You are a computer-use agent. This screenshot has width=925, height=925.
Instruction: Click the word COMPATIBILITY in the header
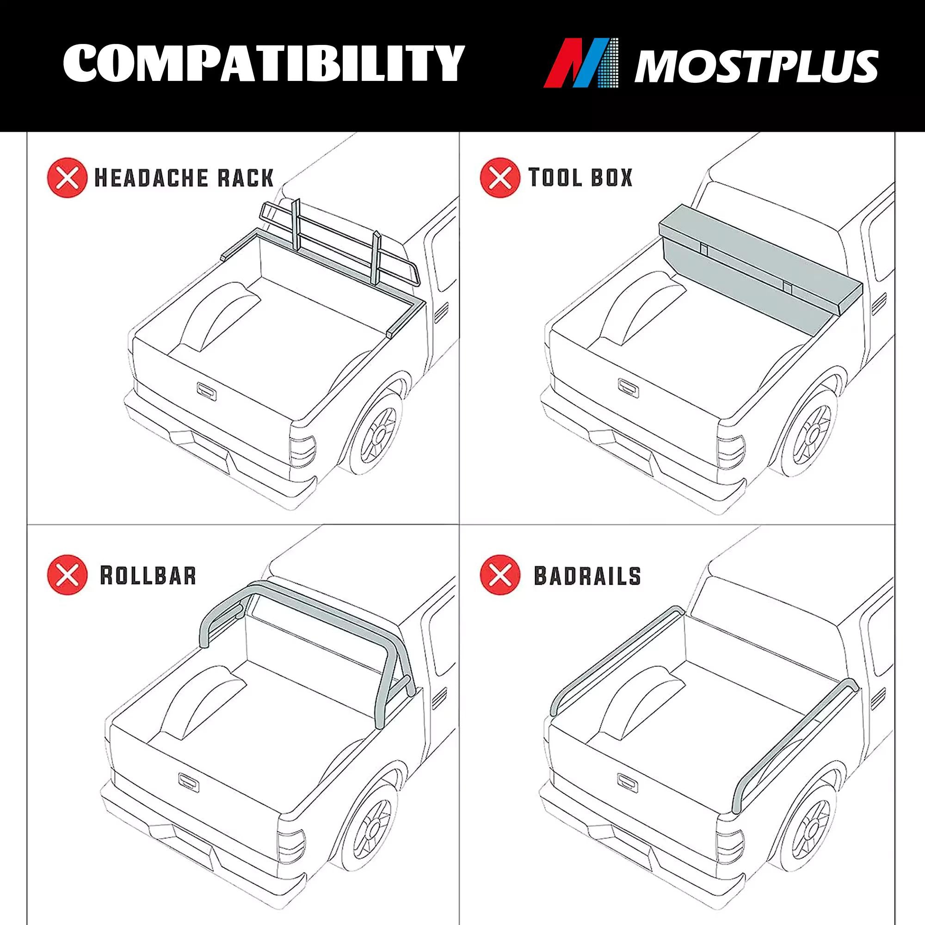pos(263,63)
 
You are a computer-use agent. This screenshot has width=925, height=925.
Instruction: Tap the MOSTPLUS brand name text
pos(756,66)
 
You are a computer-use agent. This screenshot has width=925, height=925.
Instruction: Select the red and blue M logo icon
pos(581,63)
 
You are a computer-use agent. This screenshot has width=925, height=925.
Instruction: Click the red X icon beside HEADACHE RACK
pos(68,178)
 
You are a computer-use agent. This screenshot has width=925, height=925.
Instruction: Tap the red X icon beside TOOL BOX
pos(500,178)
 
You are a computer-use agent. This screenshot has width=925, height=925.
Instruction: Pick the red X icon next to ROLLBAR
pos(68,575)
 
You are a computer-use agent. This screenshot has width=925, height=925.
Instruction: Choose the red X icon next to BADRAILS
pos(500,575)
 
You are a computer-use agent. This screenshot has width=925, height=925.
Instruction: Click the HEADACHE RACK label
pos(184,178)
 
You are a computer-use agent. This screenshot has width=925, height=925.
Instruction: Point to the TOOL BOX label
pos(580,177)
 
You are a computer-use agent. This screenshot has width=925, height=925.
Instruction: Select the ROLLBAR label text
pos(148,575)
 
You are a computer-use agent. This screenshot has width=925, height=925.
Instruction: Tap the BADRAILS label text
pos(587,575)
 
